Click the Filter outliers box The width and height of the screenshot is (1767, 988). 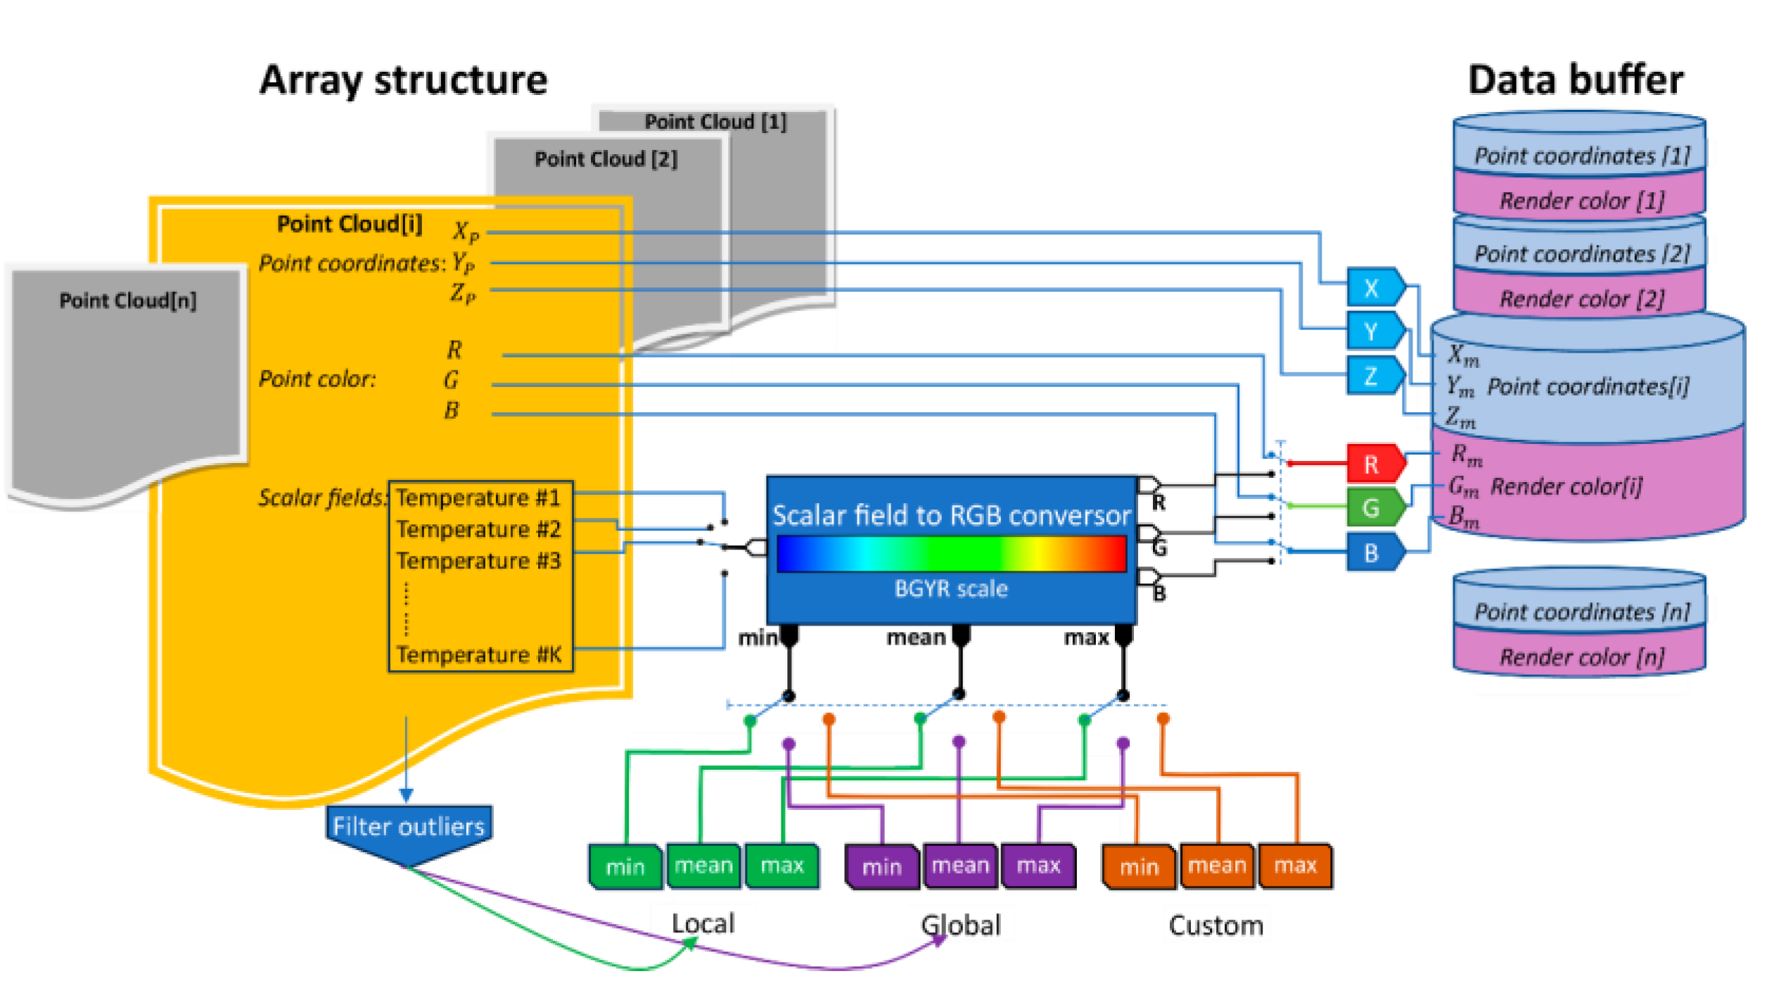tap(409, 828)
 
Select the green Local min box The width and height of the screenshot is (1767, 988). tap(625, 867)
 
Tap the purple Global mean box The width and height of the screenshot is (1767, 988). tap(960, 866)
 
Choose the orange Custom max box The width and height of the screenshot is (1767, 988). tap(1295, 866)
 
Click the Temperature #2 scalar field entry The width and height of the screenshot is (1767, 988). tap(478, 529)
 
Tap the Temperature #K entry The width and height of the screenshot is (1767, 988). tap(478, 654)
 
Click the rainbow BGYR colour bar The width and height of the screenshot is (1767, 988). tap(951, 553)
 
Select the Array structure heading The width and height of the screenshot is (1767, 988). tap(403, 80)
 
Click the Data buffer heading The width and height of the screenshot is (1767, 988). tap(1576, 80)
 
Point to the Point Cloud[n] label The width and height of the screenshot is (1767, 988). tap(127, 301)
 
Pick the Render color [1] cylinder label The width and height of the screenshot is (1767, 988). tap(1581, 201)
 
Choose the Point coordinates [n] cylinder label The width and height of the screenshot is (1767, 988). tap(1581, 612)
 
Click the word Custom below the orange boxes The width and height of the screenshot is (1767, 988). tap(1216, 925)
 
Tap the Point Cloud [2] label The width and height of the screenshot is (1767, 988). tap(606, 159)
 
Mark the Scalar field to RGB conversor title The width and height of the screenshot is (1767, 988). tap(951, 516)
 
